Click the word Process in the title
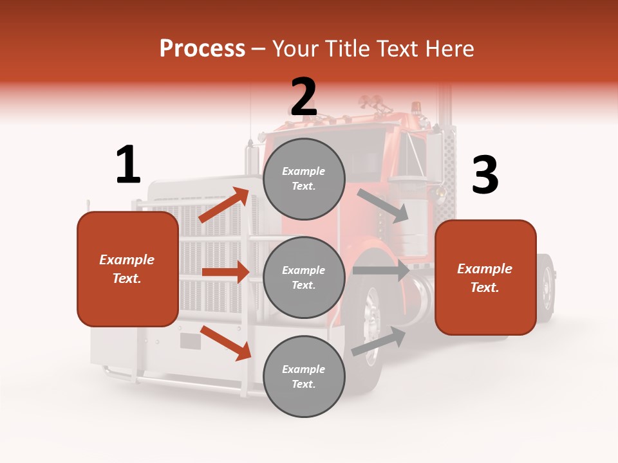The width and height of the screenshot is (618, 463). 202,49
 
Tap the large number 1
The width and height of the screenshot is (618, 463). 128,165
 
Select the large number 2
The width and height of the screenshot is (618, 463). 304,97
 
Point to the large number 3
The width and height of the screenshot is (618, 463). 485,175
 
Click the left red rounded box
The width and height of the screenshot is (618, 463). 127,269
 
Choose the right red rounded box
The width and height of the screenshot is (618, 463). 485,278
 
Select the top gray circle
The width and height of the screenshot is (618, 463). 304,179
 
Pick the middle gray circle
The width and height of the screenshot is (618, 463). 304,277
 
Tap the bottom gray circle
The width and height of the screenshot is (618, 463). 304,376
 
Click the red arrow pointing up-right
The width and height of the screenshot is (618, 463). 224,204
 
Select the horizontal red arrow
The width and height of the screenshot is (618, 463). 225,272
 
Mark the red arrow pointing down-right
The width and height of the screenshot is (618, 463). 226,343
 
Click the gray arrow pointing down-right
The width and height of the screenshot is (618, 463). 383,206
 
